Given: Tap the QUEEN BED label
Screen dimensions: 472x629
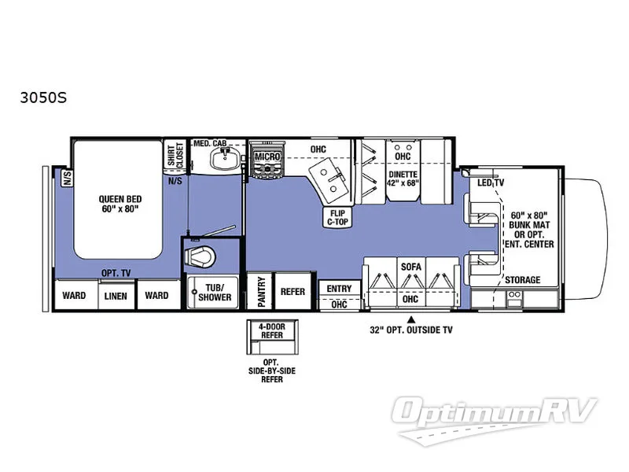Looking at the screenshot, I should tap(117, 204).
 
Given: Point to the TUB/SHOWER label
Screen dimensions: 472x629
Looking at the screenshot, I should tap(215, 292).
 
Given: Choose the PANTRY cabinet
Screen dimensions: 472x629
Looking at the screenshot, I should tap(259, 292).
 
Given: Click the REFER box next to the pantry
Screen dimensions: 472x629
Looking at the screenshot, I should tap(292, 292).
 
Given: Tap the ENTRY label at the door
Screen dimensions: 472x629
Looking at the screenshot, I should tap(339, 289).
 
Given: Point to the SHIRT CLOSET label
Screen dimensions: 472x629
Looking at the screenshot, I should tap(174, 155).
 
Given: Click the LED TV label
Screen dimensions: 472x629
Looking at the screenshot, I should tap(491, 183).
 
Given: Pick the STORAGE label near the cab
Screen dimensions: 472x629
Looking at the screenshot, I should tap(522, 279).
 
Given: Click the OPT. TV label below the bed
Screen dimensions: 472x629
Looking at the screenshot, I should tap(115, 273).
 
